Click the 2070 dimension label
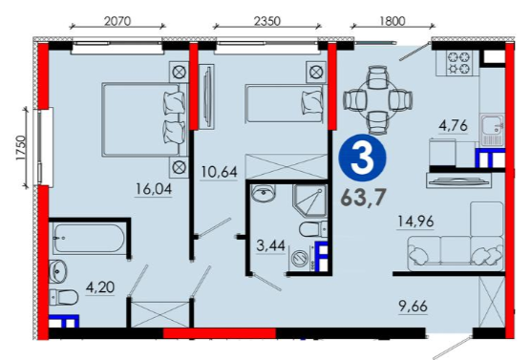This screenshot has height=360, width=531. pos(117,21)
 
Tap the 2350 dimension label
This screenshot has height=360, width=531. pos(267,21)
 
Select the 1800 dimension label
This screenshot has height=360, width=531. pos(392,21)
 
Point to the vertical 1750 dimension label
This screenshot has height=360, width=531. pos(21,148)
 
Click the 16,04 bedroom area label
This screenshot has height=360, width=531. pos(154,189)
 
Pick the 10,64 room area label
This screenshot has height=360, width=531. pos(219,172)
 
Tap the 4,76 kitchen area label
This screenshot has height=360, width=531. pos(453,125)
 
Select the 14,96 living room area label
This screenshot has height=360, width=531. pos(415,222)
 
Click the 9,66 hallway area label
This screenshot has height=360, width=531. pos(414,307)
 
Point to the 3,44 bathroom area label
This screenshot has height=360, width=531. pos(270,245)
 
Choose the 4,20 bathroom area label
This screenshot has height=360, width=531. pos(100,287)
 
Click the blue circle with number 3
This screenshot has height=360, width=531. pos(364,159)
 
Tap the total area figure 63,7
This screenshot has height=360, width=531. pos(363,198)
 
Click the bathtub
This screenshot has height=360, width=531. pos(89,239)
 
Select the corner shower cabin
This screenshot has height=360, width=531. pos(309,201)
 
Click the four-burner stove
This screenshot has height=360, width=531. pos(458,63)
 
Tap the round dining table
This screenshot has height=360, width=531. pos(377,100)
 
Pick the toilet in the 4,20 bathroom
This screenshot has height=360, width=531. pos(64,298)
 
